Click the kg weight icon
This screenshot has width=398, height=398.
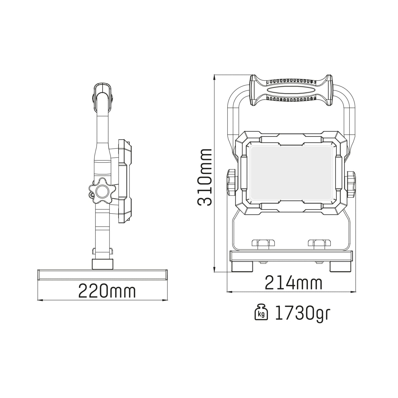pos(261,313)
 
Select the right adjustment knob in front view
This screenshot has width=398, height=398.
pos(351,184)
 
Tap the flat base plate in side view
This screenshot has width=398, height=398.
pos(102,275)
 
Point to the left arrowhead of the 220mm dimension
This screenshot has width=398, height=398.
pos(39,300)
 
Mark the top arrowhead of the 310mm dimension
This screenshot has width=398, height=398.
pos(215,77)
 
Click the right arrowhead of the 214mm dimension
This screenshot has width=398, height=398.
pos(354,291)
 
